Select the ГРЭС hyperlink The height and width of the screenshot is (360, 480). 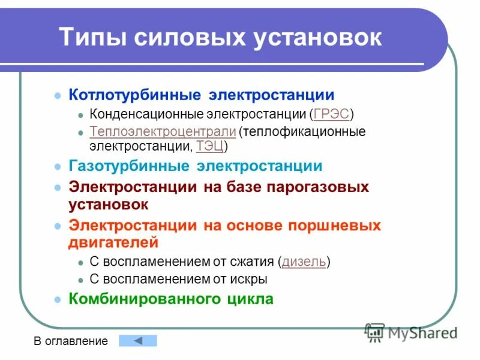(x=331, y=114)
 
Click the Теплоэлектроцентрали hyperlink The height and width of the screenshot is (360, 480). (x=162, y=131)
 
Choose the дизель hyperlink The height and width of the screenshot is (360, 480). (x=304, y=262)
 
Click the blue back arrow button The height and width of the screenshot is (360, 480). (x=137, y=341)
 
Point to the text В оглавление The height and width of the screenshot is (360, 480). (x=71, y=341)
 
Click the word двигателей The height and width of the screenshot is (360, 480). (x=113, y=243)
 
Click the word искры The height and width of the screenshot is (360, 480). (x=251, y=279)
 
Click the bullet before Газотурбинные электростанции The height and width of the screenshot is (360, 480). (x=58, y=167)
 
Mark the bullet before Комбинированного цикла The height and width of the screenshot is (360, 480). (x=58, y=299)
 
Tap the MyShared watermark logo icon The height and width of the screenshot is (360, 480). (x=374, y=331)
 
